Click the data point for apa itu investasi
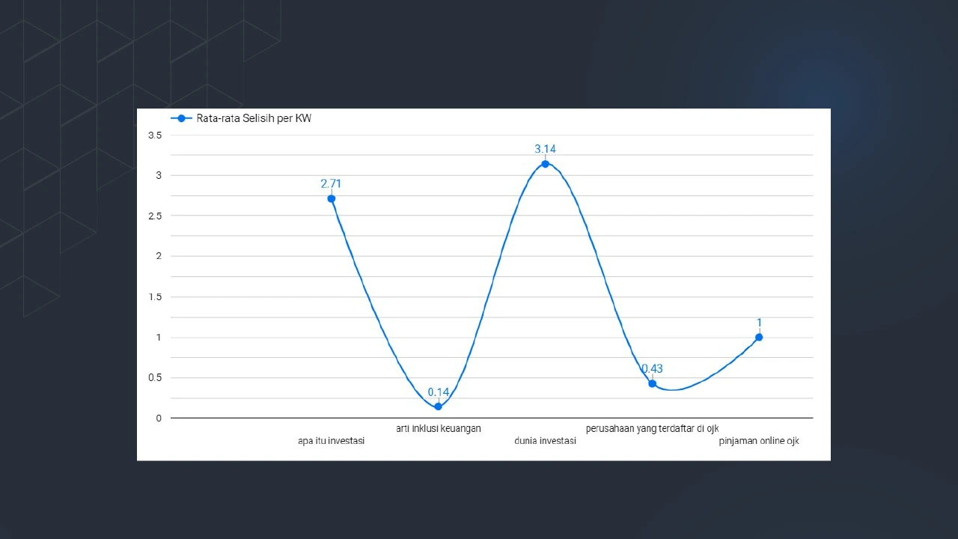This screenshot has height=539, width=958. click(331, 198)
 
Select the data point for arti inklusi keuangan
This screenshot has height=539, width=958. click(438, 406)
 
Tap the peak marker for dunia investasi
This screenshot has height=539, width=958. click(545, 164)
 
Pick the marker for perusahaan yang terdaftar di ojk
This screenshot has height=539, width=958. click(652, 383)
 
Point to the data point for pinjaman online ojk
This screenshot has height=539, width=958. click(759, 337)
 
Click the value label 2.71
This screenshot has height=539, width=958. click(331, 183)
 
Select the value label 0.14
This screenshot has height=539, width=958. click(438, 392)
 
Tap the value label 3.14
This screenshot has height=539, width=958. click(545, 149)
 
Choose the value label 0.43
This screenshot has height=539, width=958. click(652, 368)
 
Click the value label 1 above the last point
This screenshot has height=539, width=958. click(759, 323)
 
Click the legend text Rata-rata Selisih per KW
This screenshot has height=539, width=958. click(254, 118)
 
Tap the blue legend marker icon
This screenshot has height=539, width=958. click(181, 118)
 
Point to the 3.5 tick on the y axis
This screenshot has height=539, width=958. click(155, 135)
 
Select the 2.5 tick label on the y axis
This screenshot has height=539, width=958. click(155, 216)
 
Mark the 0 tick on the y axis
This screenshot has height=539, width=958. click(159, 418)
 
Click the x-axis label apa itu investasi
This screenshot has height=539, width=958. click(331, 441)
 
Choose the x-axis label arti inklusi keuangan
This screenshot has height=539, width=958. click(438, 428)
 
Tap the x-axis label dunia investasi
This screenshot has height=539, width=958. click(545, 441)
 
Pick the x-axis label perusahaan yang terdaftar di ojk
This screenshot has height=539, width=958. click(652, 428)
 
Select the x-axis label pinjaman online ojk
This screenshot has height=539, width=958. click(759, 441)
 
